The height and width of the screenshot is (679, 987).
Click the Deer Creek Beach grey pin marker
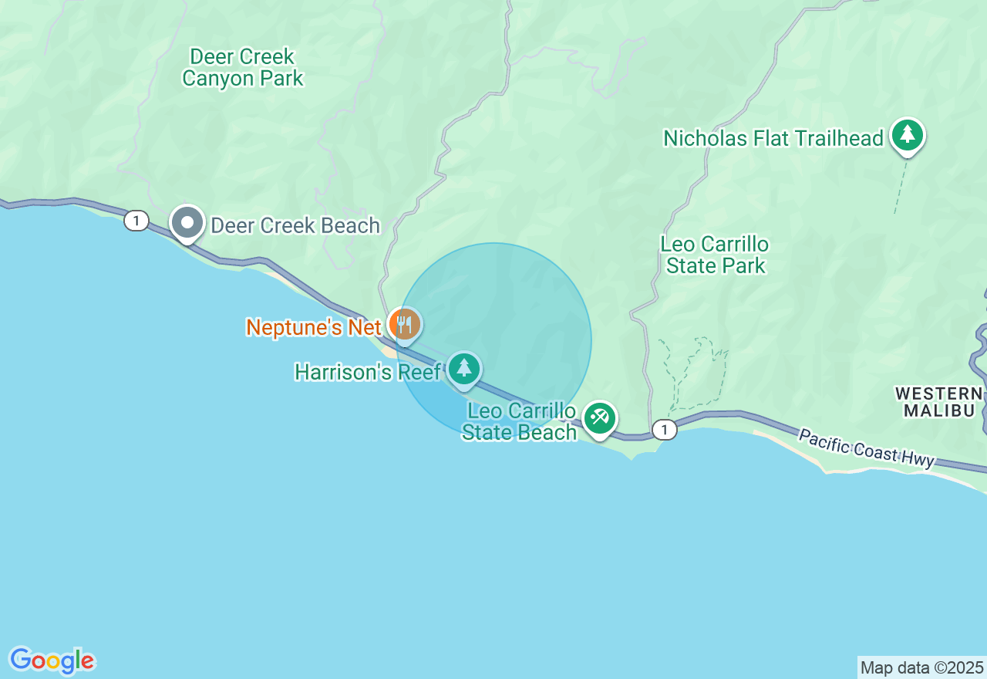point(187,223)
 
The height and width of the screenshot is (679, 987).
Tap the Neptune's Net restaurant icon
point(404,325)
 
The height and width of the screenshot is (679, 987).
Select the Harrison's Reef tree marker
point(463,369)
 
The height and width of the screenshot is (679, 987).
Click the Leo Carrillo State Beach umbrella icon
point(599,418)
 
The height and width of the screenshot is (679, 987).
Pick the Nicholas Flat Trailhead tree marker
point(908,135)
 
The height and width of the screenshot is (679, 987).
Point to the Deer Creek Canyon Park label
point(242,67)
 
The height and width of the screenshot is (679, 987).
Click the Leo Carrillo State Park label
point(714,255)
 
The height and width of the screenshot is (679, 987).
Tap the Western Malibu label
point(938,401)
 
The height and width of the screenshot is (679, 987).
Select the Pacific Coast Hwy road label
point(866,448)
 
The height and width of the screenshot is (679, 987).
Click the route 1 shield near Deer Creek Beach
point(136,221)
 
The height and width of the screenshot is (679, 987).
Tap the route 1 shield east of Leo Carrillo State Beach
point(664,430)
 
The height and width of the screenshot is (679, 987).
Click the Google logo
point(52,660)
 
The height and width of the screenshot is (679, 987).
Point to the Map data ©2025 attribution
point(921,667)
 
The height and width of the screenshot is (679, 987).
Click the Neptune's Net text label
point(313,327)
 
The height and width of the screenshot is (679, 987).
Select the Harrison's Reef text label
point(367,372)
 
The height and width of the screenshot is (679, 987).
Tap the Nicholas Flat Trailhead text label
point(773,139)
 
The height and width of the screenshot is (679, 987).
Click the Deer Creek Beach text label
point(295,225)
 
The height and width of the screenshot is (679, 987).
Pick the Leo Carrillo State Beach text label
point(519,421)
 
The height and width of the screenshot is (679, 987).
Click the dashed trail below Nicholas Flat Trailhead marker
point(898,189)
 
